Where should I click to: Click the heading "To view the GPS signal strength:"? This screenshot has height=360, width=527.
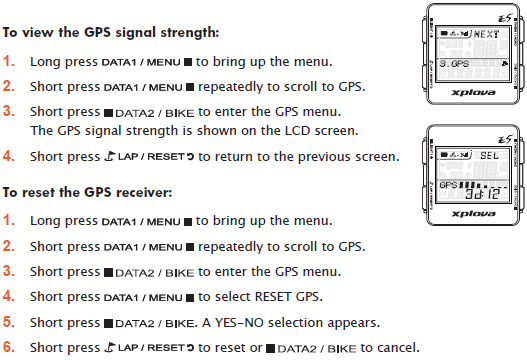pos(111,33)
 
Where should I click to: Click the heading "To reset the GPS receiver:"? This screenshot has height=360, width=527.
pos(87,193)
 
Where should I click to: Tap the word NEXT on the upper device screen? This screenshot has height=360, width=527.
pos(486,34)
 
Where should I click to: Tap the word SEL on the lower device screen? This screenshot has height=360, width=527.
pos(489,155)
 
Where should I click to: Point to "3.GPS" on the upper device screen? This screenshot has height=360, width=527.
pos(454,64)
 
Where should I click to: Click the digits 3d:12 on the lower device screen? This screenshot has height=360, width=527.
pos(482,194)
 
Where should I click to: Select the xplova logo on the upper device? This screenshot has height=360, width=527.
pos(473,92)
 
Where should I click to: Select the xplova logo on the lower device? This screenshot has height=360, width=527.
pos(473,213)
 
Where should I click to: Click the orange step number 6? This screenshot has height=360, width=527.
pos(9,347)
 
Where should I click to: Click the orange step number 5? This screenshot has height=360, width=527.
pos(9,322)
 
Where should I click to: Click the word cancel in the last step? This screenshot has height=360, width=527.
pos(398,348)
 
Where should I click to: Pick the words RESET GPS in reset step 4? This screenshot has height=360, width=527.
pos(288,297)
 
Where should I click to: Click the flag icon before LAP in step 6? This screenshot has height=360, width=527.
pos(110,347)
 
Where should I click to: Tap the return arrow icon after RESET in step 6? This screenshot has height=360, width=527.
pos(190,348)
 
